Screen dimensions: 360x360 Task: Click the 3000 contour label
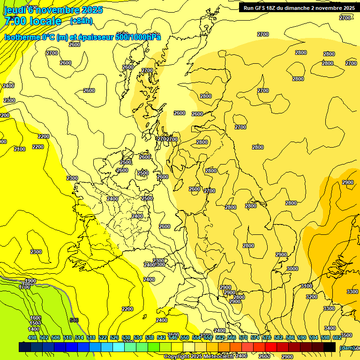292,269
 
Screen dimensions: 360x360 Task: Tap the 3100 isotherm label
306,286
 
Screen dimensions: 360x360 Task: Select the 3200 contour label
311,297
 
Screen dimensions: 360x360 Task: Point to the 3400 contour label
330,328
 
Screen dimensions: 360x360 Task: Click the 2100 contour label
20,149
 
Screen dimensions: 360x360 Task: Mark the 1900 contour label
30,281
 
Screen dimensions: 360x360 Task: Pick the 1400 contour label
34,329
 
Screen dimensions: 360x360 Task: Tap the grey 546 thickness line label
74,320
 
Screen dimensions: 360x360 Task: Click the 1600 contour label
36,318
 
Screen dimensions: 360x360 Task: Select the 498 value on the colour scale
32,337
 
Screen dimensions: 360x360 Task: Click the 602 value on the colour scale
337,337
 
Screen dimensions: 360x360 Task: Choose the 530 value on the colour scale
126,337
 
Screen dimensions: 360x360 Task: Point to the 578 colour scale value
266,337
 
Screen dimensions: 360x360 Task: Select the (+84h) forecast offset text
81,21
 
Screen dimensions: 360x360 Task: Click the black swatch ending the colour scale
329,347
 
